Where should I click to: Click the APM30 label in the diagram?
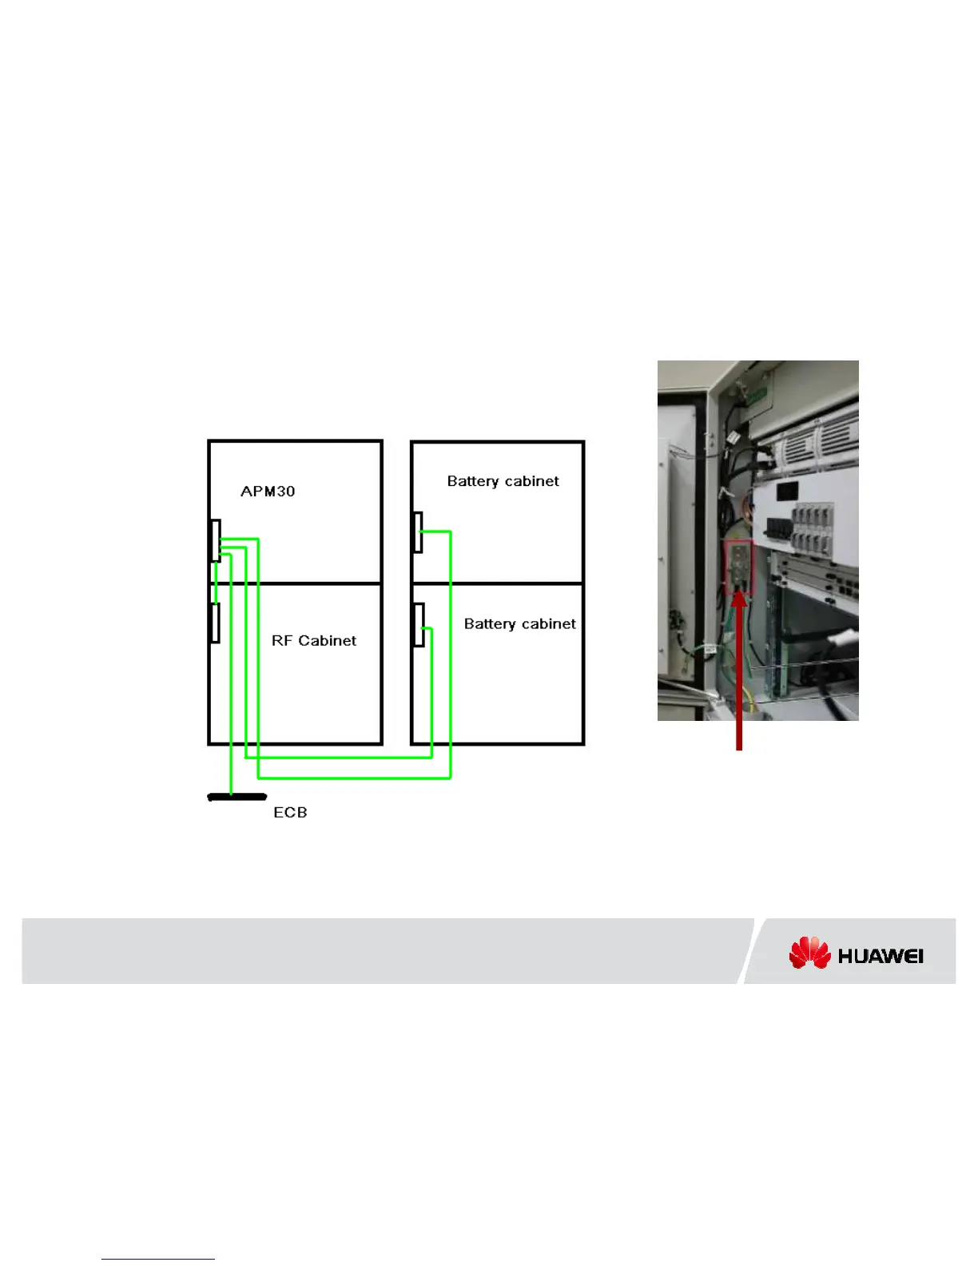tap(268, 492)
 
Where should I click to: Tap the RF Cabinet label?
tap(314, 641)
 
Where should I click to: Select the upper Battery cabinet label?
tap(503, 481)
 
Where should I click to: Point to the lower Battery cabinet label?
tap(519, 624)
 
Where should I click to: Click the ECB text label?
tap(290, 813)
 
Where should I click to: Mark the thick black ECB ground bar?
tap(237, 797)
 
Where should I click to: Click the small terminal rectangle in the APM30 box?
tap(215, 540)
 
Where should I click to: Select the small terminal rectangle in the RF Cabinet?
tap(215, 623)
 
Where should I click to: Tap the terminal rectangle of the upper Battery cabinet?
tap(417, 532)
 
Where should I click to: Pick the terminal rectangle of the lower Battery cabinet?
tap(418, 625)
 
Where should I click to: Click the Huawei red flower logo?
tap(809, 953)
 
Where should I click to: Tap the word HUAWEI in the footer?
tap(881, 956)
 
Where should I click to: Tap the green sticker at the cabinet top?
tap(757, 393)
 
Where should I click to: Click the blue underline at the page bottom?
tap(158, 1259)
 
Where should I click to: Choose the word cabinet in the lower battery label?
tap(548, 624)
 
